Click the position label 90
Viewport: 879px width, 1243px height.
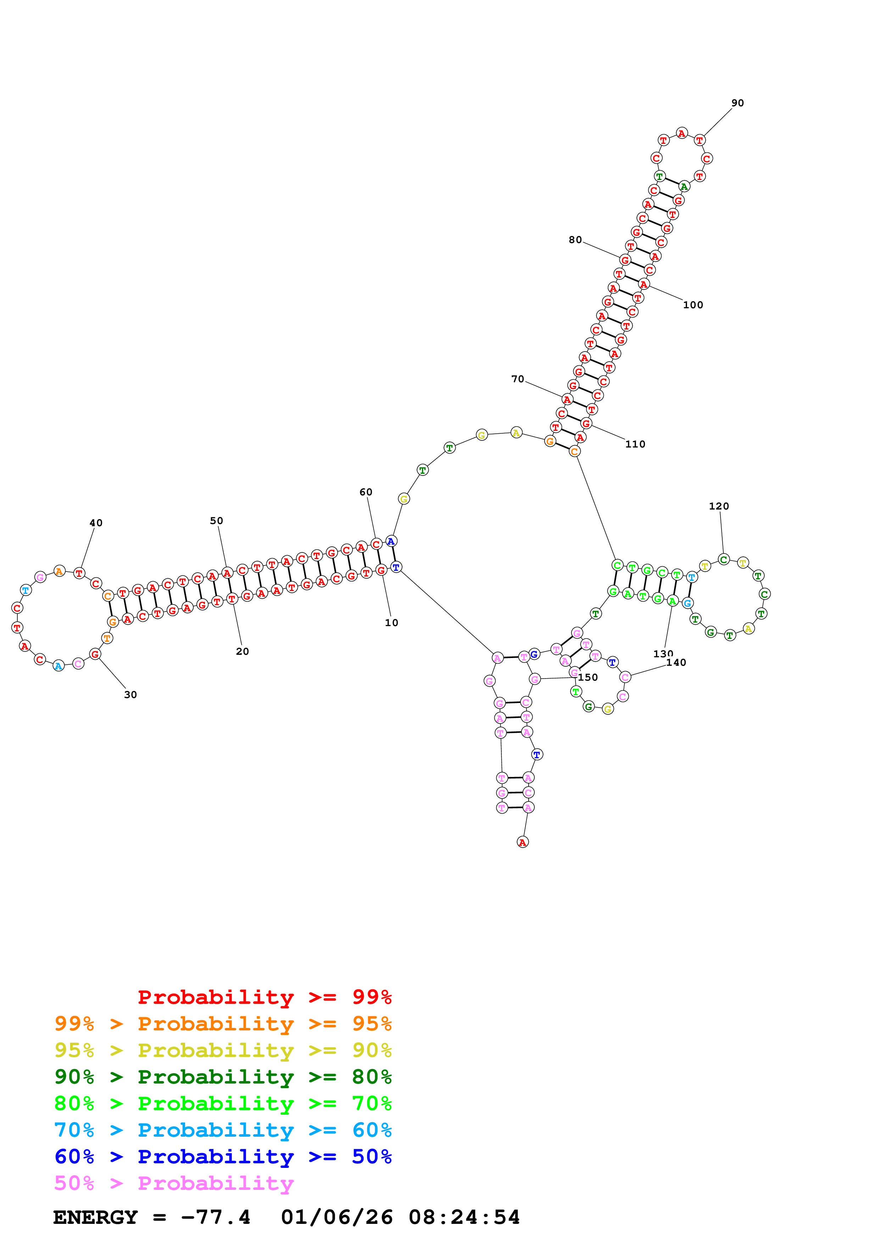737,103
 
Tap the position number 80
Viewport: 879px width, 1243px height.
575,240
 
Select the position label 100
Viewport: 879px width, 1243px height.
693,305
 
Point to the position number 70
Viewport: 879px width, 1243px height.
517,379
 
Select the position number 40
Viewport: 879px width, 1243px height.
96,523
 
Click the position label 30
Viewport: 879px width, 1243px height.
130,694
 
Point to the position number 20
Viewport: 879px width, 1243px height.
242,651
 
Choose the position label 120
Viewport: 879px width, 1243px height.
719,506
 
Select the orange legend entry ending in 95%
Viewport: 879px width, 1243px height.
223,1023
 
